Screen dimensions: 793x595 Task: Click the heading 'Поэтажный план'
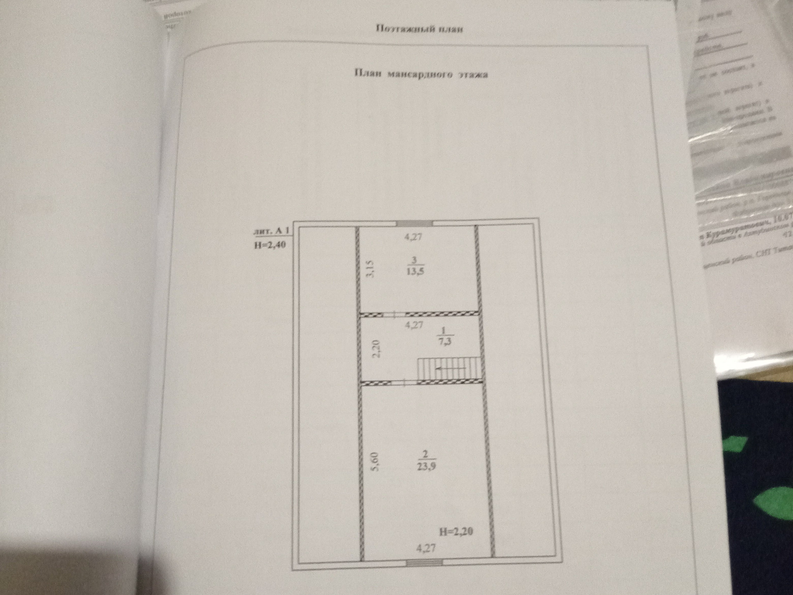tap(420, 29)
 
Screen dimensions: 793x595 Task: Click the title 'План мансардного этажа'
tap(421, 74)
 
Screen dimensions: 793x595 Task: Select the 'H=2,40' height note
tap(270, 245)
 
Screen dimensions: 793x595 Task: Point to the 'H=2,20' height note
tap(456, 531)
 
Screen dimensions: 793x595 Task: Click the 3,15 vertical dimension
tap(370, 269)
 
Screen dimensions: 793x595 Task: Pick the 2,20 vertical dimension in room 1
tap(376, 349)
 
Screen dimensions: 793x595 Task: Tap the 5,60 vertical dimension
tap(374, 462)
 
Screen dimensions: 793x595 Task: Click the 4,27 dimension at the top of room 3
tap(413, 237)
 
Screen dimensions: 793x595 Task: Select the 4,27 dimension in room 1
tap(414, 325)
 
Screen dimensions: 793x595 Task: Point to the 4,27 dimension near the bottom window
tap(425, 549)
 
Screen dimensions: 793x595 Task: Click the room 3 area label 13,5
tap(415, 271)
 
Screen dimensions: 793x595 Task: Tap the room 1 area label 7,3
tap(444, 341)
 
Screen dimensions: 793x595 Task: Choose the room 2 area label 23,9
tap(426, 466)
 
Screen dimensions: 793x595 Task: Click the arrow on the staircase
tap(450, 368)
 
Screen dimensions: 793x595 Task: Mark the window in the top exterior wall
tap(414, 224)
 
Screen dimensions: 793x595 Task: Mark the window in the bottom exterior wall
tap(425, 562)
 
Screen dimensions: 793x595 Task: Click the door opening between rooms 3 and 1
tap(394, 315)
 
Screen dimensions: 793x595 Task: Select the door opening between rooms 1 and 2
tap(404, 383)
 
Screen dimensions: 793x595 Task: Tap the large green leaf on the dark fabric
tap(772, 502)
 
